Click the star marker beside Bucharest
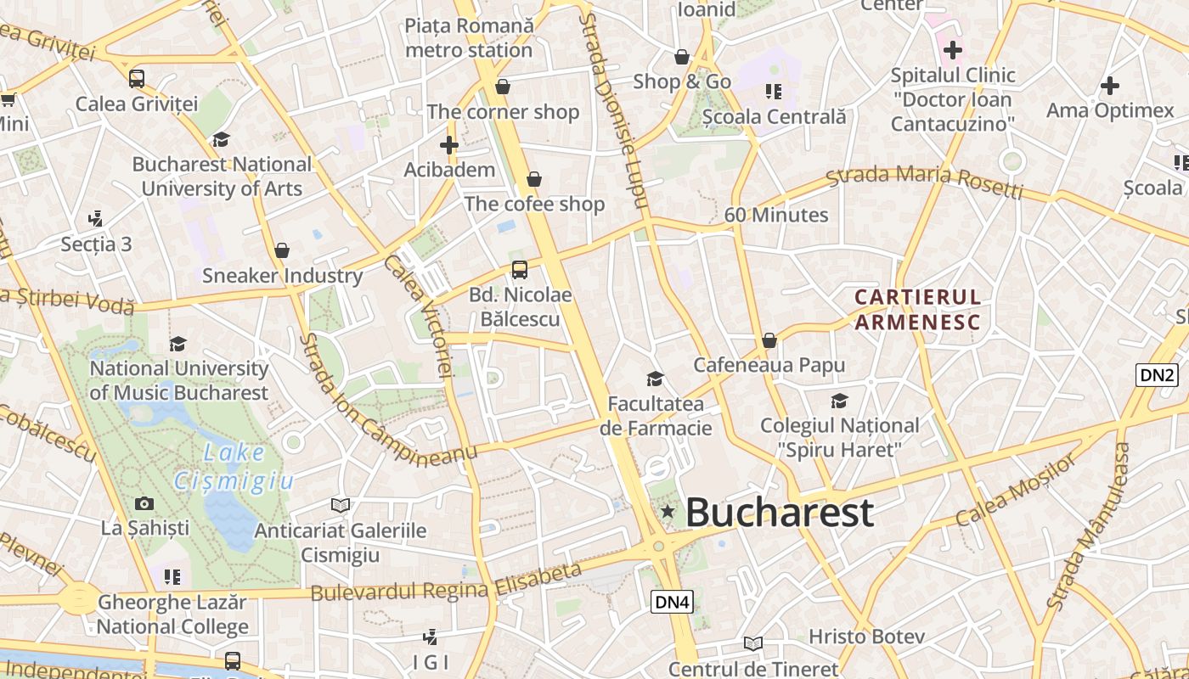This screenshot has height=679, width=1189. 668,512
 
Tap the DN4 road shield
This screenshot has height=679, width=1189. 673,602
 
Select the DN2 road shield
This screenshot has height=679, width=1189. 1157,374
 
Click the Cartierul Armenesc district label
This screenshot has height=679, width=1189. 917,310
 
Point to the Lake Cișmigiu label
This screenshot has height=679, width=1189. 234,468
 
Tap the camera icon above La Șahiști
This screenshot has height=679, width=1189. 144,503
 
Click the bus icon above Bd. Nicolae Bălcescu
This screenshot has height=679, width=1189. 519,270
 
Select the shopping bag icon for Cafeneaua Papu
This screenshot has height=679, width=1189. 769,340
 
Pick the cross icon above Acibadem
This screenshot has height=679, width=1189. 449,145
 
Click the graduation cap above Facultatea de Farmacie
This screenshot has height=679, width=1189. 655,379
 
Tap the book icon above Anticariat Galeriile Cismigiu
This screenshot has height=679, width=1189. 341,505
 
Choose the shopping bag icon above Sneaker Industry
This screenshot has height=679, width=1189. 282,250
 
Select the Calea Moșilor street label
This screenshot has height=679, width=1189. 1016,491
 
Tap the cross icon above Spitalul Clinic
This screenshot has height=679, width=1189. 953,50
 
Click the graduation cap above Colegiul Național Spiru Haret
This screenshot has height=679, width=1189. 839,401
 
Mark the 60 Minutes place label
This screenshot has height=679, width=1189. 776,215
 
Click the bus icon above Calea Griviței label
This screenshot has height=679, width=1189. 137,79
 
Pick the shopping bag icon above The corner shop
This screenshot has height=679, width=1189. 503,87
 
